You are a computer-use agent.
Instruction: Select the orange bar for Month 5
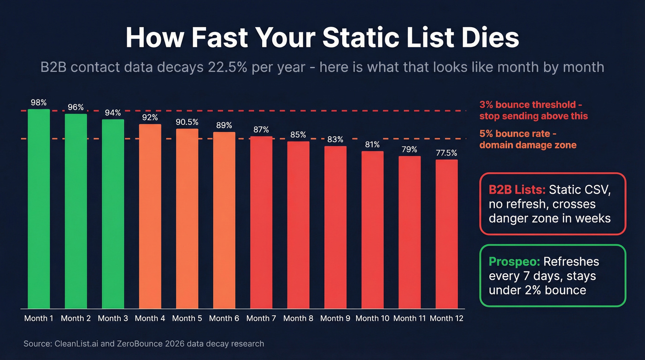click(x=187, y=218)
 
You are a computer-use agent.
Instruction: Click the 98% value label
click(x=39, y=102)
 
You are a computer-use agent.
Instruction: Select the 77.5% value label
click(x=446, y=153)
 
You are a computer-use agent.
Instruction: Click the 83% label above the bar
click(x=335, y=139)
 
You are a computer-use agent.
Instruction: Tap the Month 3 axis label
click(x=113, y=318)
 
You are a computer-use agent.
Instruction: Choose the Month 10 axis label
click(x=372, y=318)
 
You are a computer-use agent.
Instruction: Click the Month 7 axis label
click(x=261, y=318)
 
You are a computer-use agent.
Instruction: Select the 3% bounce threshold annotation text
click(x=534, y=110)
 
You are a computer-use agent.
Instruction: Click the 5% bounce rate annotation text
click(x=528, y=139)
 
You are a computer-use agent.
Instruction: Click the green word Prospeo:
click(x=514, y=262)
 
